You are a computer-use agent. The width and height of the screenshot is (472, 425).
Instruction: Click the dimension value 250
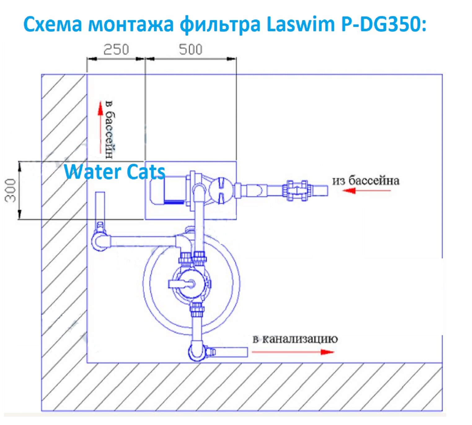(x=116, y=50)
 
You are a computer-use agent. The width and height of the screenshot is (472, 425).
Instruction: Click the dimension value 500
(x=190, y=50)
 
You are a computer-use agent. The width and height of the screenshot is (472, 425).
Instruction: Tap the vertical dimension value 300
(x=10, y=190)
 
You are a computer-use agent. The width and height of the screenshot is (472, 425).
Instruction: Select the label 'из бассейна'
(x=366, y=180)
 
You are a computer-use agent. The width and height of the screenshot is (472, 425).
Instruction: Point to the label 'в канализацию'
(x=295, y=339)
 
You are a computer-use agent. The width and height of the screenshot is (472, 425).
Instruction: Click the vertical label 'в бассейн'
(x=109, y=129)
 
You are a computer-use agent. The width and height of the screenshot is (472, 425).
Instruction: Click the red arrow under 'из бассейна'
(x=366, y=190)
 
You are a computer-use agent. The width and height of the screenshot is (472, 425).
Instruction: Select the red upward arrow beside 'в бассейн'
(x=100, y=127)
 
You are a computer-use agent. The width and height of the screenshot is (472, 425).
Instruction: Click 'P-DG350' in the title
(x=384, y=24)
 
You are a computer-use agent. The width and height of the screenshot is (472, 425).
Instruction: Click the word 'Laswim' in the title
(x=300, y=24)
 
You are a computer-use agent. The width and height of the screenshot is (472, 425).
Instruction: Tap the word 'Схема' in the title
(x=53, y=24)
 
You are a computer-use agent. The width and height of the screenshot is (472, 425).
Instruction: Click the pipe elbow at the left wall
(x=100, y=241)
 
